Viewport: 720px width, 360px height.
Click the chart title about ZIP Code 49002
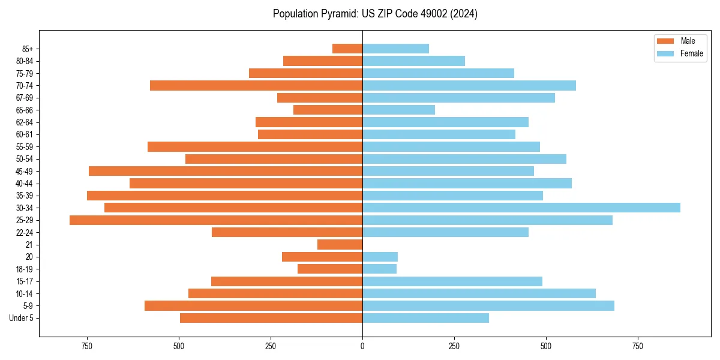pyautogui.click(x=375, y=14)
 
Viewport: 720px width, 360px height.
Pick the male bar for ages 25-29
pyautogui.click(x=216, y=220)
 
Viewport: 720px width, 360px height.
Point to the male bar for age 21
pyautogui.click(x=340, y=245)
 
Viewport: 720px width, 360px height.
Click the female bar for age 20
pyautogui.click(x=380, y=257)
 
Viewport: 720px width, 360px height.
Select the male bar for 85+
pyautogui.click(x=347, y=49)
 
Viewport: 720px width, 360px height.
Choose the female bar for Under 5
pyautogui.click(x=425, y=318)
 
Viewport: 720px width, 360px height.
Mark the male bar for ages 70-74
pyautogui.click(x=256, y=85)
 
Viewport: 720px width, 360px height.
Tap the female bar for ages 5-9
pyautogui.click(x=488, y=306)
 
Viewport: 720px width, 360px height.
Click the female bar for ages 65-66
pyautogui.click(x=398, y=110)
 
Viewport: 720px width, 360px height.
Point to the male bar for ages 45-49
pyautogui.click(x=226, y=171)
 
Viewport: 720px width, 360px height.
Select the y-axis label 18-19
pyautogui.click(x=25, y=269)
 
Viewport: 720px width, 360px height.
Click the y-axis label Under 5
pyautogui.click(x=22, y=318)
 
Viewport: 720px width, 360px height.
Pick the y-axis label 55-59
pyautogui.click(x=25, y=147)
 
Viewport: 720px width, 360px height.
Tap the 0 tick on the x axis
pyautogui.click(x=362, y=347)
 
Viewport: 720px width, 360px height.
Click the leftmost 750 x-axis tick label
pyautogui.click(x=87, y=347)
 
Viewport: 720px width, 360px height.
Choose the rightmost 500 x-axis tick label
pyautogui.click(x=546, y=347)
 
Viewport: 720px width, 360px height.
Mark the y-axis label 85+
pyautogui.click(x=27, y=49)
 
